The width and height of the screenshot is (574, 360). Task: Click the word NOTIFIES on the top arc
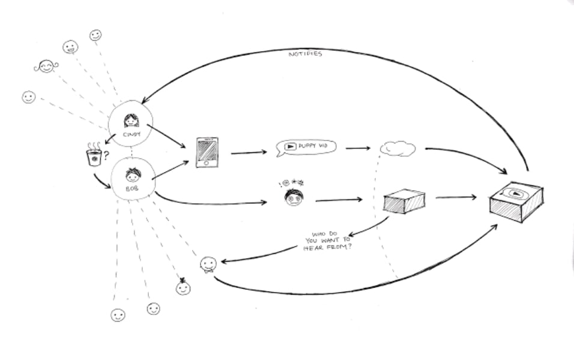tap(305, 54)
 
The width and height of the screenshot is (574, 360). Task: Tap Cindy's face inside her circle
tap(131, 120)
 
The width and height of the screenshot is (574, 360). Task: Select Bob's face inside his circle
tap(133, 175)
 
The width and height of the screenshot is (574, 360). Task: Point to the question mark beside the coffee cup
tap(106, 155)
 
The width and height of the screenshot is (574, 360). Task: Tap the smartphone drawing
tap(207, 152)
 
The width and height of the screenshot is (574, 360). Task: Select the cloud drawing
tap(397, 148)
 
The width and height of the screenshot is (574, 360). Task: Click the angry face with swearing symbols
tap(292, 196)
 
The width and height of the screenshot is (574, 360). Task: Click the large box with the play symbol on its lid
tap(516, 200)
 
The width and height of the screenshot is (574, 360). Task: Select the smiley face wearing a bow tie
tap(208, 263)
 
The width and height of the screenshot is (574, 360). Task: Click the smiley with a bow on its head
tap(183, 287)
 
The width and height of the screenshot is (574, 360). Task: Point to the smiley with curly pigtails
tap(46, 66)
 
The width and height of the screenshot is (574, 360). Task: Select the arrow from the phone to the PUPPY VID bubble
tap(248, 152)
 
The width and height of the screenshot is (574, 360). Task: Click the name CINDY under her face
tap(131, 134)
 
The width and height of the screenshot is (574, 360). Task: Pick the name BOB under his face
tap(132, 188)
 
